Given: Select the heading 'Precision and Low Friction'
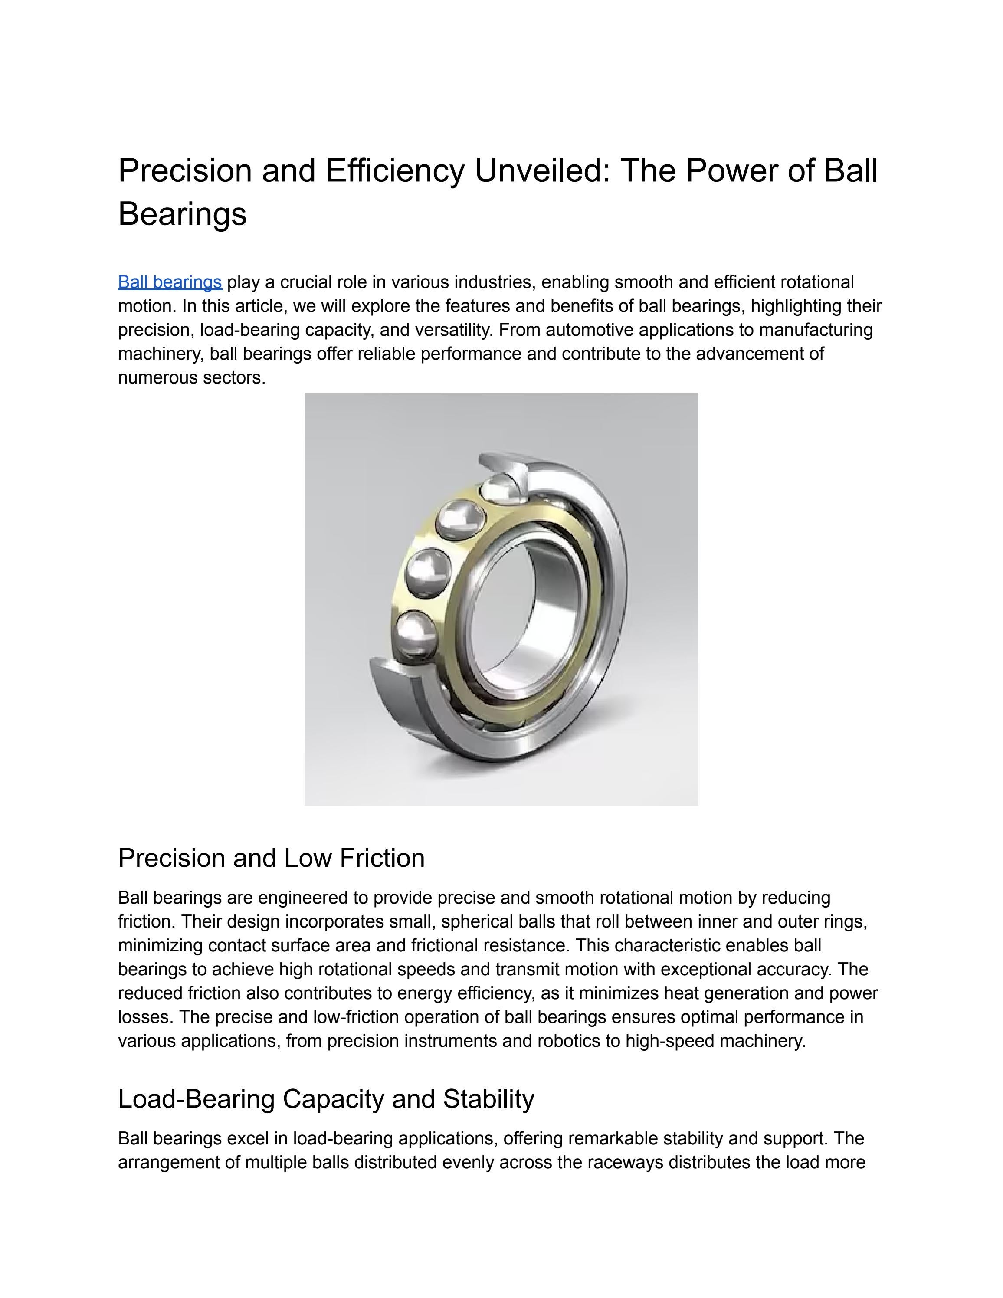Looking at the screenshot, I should click(271, 858).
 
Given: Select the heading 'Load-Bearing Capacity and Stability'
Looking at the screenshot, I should click(326, 1099).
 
